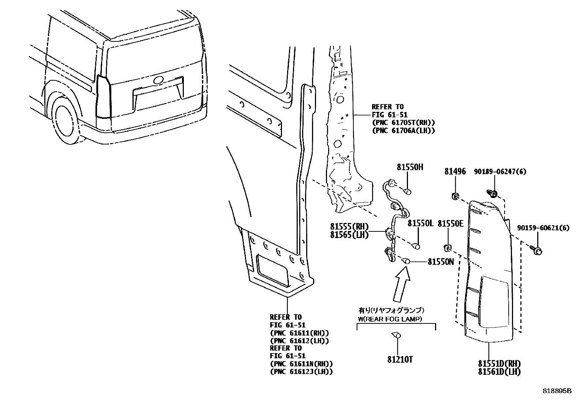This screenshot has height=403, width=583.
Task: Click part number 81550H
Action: [x=410, y=167]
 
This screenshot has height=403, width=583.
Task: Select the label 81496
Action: [x=455, y=171]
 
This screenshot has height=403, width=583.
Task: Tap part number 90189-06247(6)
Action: [x=500, y=171]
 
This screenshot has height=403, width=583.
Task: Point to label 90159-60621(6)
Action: [x=543, y=228]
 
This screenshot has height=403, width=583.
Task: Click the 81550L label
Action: [x=420, y=223]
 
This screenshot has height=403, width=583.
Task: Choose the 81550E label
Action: [x=450, y=223]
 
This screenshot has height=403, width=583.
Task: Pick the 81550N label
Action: [x=441, y=262]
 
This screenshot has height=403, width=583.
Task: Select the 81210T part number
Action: [x=400, y=360]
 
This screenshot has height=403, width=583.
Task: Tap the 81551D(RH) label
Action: [x=499, y=364]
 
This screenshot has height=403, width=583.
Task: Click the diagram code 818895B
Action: [x=557, y=391]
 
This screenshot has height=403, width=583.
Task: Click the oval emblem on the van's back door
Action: [x=159, y=80]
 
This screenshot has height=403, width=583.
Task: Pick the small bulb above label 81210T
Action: [x=396, y=334]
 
